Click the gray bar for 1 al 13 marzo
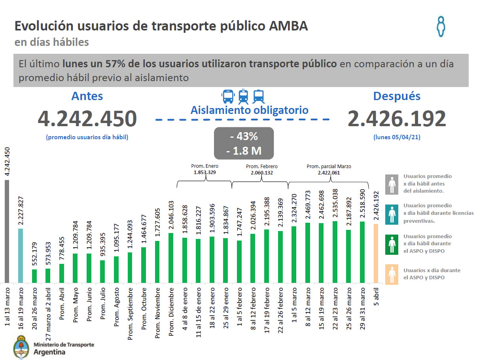pyautogui.click(x=7, y=231)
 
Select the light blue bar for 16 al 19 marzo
pyautogui.click(x=21, y=256)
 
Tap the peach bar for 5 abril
pyautogui.click(x=376, y=253)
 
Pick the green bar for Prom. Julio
pyautogui.click(x=102, y=271)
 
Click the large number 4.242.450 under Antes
pyautogui.click(x=87, y=119)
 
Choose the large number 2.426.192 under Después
pyautogui.click(x=397, y=119)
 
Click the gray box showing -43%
pyautogui.click(x=244, y=143)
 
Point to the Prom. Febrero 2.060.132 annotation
pyautogui.click(x=261, y=169)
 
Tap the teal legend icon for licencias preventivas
pyautogui.click(x=392, y=214)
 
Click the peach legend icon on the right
pyautogui.click(x=392, y=274)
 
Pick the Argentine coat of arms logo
pyautogui.click(x=21, y=347)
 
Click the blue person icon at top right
pyautogui.click(x=441, y=27)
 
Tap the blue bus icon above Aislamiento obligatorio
pyautogui.click(x=228, y=96)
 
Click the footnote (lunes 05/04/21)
pyautogui.click(x=396, y=137)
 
